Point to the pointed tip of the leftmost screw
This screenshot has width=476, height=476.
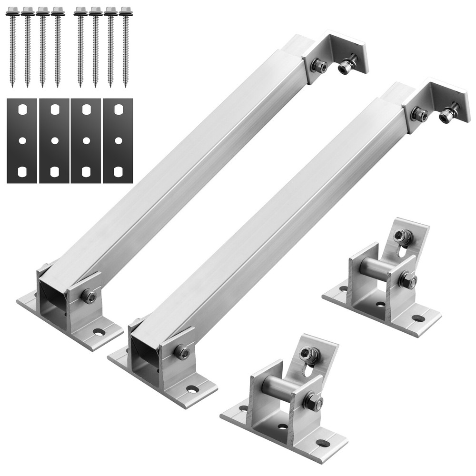point(12,86)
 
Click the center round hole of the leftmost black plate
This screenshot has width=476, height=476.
point(22,140)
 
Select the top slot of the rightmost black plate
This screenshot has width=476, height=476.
point(119,109)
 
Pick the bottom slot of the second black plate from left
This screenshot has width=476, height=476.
point(55,171)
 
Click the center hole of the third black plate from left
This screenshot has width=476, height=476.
point(86,140)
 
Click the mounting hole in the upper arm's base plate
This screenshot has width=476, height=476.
point(99,331)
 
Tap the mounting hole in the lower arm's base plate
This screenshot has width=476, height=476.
point(192,389)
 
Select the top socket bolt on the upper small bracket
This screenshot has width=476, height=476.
point(402,236)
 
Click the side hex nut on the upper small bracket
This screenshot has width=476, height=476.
point(407,280)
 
